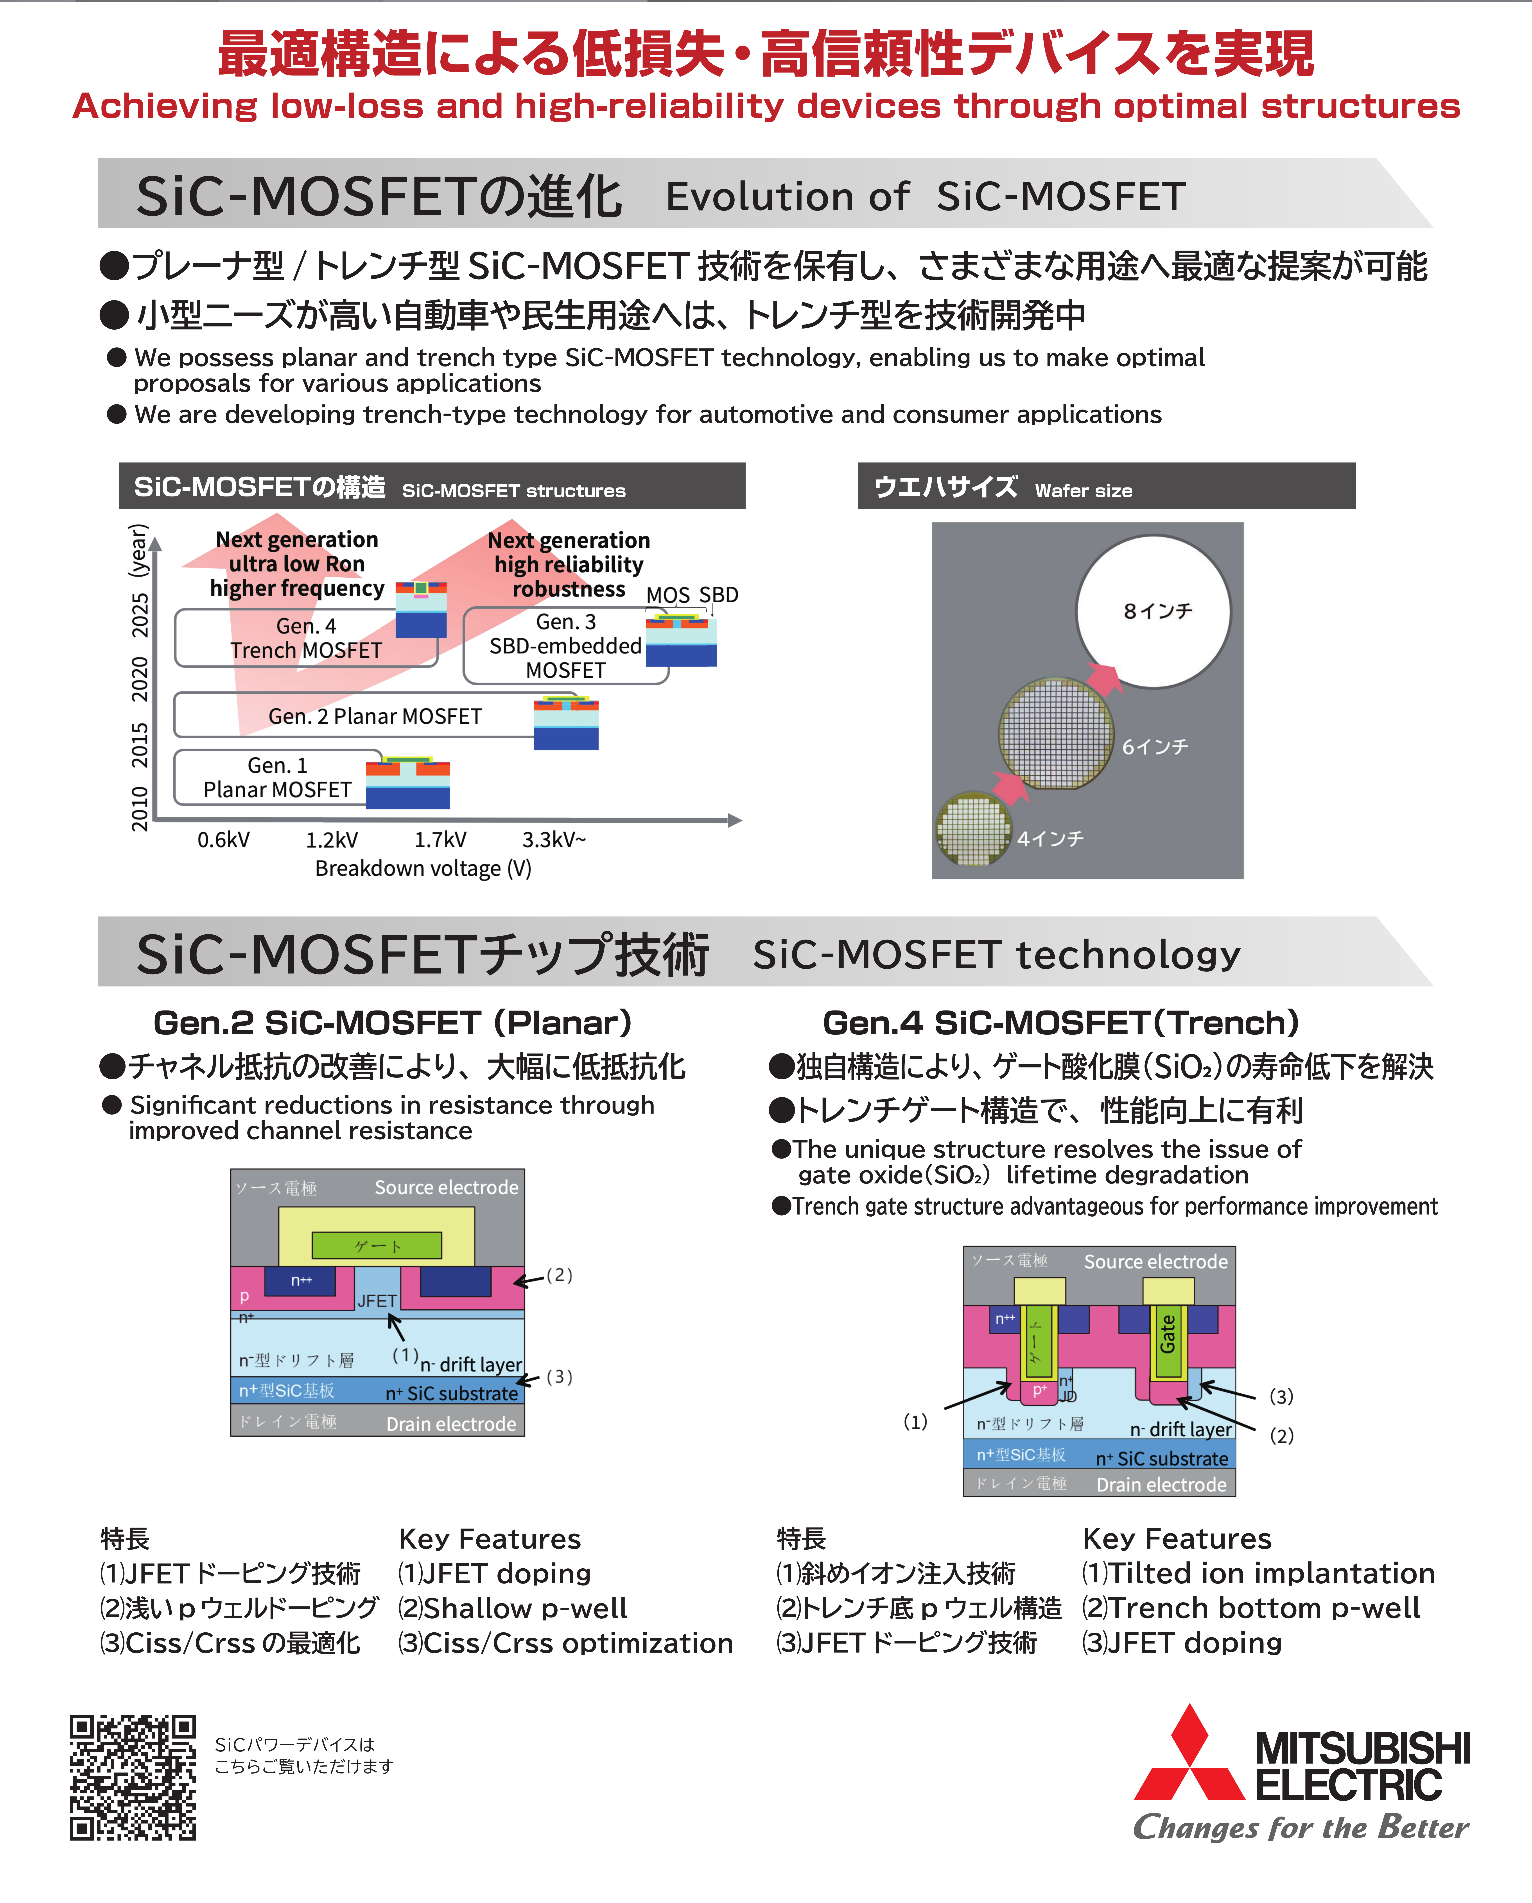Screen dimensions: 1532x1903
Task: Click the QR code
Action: (x=133, y=1777)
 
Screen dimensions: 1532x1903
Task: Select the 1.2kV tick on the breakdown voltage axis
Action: (x=332, y=839)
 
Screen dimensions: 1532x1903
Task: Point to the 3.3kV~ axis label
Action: (x=554, y=839)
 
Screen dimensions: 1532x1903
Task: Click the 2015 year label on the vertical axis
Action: (x=140, y=744)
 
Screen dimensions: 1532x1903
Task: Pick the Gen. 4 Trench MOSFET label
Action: (x=306, y=638)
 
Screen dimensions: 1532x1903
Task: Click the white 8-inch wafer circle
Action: (x=1153, y=611)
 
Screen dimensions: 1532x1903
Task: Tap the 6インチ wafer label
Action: (x=1155, y=747)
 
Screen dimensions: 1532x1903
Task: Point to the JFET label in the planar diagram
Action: (x=377, y=1300)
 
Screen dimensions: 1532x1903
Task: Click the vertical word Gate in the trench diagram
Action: (x=1167, y=1334)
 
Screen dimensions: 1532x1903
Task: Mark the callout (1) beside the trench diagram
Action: (x=915, y=1421)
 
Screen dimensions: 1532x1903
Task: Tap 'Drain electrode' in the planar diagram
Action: (x=451, y=1424)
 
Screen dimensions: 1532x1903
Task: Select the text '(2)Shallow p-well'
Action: (x=513, y=1608)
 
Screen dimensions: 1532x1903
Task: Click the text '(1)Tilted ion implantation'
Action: (x=1258, y=1573)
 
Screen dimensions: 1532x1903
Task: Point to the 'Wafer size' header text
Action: (x=1084, y=491)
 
